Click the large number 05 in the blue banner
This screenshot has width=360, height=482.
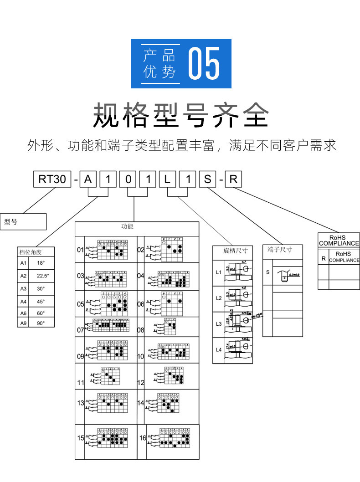[x=204, y=64]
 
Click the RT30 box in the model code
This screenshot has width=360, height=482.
[x=52, y=179]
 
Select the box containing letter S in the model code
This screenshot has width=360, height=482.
[x=207, y=179]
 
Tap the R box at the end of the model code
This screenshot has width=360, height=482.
[x=233, y=179]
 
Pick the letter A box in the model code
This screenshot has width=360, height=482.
[x=88, y=179]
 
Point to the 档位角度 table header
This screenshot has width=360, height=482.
[x=30, y=252]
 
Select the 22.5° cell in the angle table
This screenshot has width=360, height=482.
[x=43, y=276]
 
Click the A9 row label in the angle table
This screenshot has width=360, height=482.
[x=23, y=323]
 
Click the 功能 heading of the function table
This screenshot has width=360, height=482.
[x=127, y=226]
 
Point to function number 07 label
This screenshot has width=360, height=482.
[x=81, y=329]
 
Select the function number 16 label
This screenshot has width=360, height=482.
[x=143, y=438]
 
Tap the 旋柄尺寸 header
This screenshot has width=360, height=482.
[x=235, y=251]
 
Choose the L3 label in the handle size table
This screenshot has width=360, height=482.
[x=218, y=324]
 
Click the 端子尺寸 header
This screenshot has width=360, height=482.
[x=279, y=249]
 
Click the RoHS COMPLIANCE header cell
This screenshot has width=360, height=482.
[x=338, y=241]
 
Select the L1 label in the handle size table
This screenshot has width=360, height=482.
[x=218, y=272]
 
